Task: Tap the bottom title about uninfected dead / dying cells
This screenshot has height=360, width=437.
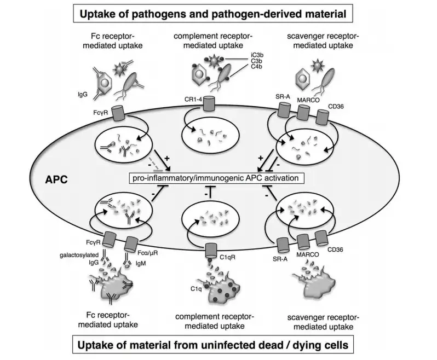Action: pos(218,346)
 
